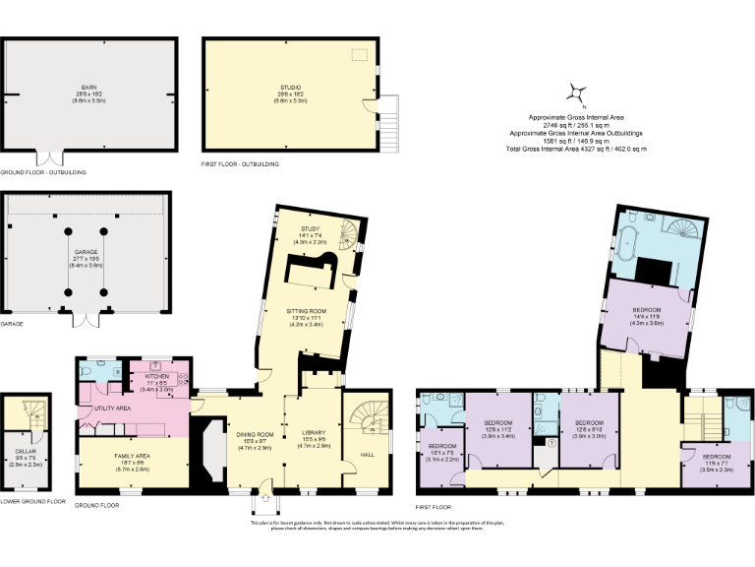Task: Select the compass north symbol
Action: (574, 94)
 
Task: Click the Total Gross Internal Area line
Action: (576, 149)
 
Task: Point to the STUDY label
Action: (311, 231)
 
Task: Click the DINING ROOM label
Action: (254, 436)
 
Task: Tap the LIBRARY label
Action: (312, 436)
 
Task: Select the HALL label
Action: (368, 455)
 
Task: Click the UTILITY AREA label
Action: (112, 408)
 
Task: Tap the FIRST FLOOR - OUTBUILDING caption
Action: (239, 163)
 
